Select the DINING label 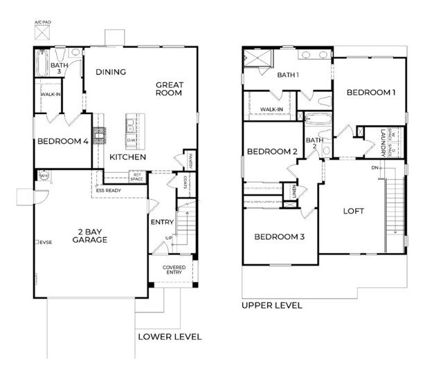pyautogui.click(x=111, y=71)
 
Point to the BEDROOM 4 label pyautogui.click(x=62, y=142)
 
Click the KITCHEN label pyautogui.click(x=127, y=157)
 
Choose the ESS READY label pyautogui.click(x=109, y=191)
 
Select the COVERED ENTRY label pyautogui.click(x=174, y=270)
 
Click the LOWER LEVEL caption pyautogui.click(x=169, y=337)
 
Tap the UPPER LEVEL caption pyautogui.click(x=271, y=305)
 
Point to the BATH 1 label pyautogui.click(x=289, y=75)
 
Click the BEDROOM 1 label pyautogui.click(x=371, y=92)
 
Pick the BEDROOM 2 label pyautogui.click(x=272, y=151)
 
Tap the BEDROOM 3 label pyautogui.click(x=280, y=237)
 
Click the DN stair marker pyautogui.click(x=374, y=168)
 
